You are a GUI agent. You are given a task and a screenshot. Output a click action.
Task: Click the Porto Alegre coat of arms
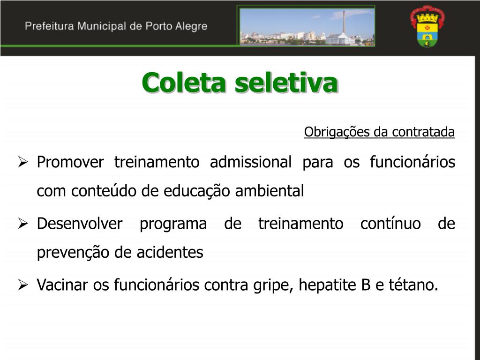(427, 26)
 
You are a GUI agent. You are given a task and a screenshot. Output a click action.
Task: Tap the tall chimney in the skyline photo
(344, 22)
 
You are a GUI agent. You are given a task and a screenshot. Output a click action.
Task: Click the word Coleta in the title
(184, 82)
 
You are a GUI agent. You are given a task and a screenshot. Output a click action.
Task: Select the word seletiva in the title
(286, 82)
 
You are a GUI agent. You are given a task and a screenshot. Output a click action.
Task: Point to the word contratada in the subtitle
(423, 132)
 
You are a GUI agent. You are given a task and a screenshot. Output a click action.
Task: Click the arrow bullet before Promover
(22, 162)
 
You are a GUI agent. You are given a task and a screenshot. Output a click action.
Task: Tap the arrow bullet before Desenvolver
(22, 224)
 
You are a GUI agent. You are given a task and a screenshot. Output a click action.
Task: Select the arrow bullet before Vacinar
(22, 285)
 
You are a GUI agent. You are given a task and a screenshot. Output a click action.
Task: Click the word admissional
(251, 162)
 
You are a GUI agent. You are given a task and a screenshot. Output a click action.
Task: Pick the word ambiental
(270, 191)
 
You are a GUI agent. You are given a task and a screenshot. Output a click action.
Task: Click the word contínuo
(390, 224)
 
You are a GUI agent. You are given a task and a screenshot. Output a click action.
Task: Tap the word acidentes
(170, 253)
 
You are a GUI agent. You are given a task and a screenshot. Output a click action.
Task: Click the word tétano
(413, 285)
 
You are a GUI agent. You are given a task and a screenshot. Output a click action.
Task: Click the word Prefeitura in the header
(49, 26)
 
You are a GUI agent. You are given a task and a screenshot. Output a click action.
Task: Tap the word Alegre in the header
(191, 27)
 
